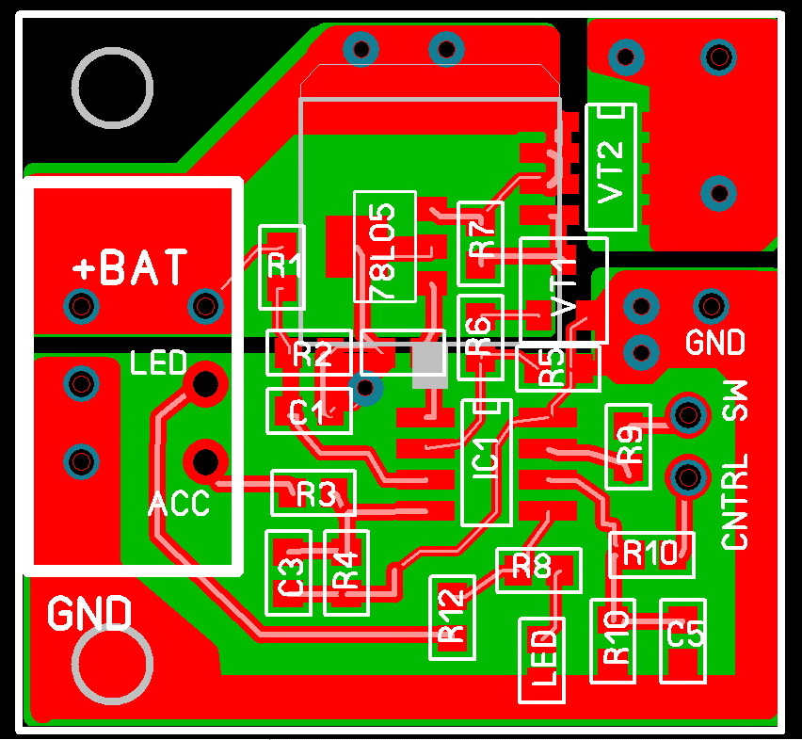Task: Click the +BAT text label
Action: tap(131, 268)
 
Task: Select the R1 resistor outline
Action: tap(281, 266)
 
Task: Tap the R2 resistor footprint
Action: tap(310, 354)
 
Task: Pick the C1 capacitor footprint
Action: tap(309, 410)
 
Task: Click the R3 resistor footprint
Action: tap(314, 492)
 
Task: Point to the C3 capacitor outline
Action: tap(289, 572)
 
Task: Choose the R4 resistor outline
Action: tap(346, 572)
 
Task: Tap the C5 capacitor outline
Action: tap(683, 640)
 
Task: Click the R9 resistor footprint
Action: tap(628, 445)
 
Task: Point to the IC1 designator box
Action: tap(487, 462)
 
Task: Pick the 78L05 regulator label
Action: tap(385, 247)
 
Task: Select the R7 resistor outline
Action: tap(481, 243)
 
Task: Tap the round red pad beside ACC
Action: tap(204, 460)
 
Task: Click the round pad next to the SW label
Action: tap(687, 414)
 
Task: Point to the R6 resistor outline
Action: tap(480, 338)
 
